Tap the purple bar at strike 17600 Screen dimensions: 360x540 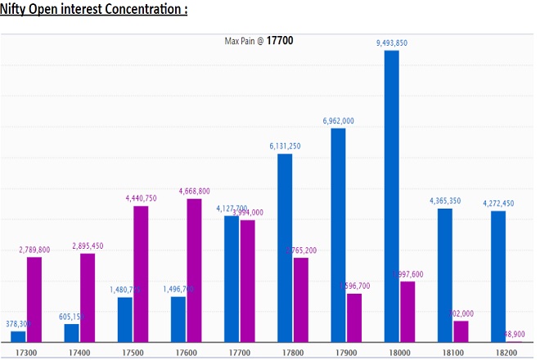coord(194,270)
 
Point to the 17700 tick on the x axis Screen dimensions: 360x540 coord(239,351)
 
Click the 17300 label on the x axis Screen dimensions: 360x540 coord(25,351)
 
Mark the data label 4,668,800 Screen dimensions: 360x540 coord(194,191)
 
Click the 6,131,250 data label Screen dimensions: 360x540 coord(285,146)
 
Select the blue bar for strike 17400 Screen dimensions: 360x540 coord(72,333)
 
